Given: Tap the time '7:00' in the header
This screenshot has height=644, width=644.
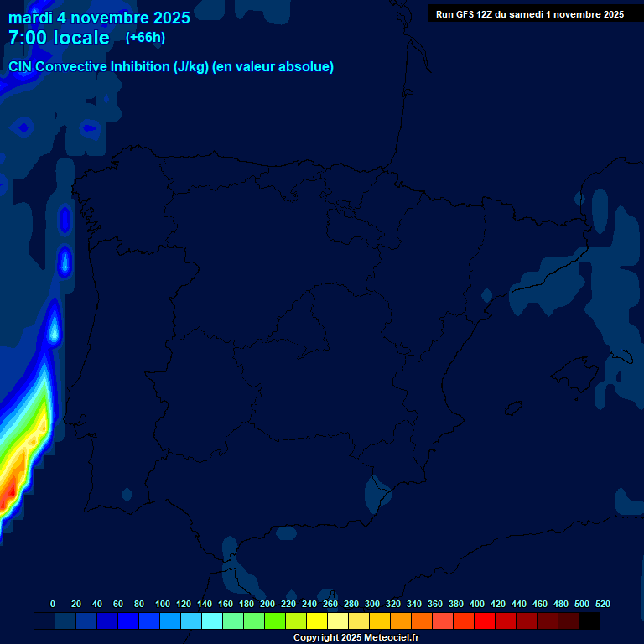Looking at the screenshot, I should click(x=25, y=39).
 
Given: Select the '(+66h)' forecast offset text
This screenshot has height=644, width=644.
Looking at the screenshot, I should click(x=145, y=38).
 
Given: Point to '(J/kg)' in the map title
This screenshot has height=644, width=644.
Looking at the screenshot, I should click(x=191, y=67).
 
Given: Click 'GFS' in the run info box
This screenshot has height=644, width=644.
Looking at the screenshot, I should click(x=465, y=14).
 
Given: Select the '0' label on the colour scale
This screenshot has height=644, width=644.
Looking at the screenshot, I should click(x=53, y=604).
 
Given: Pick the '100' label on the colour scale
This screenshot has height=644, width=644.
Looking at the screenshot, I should click(x=163, y=604).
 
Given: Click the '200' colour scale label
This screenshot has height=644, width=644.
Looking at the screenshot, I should click(x=267, y=604).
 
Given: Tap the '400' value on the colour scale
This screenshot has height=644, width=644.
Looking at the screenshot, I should click(x=477, y=604).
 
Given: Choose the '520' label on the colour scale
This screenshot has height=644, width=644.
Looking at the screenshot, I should click(x=603, y=604).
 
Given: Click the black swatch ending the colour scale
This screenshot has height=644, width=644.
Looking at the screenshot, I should click(x=589, y=621).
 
